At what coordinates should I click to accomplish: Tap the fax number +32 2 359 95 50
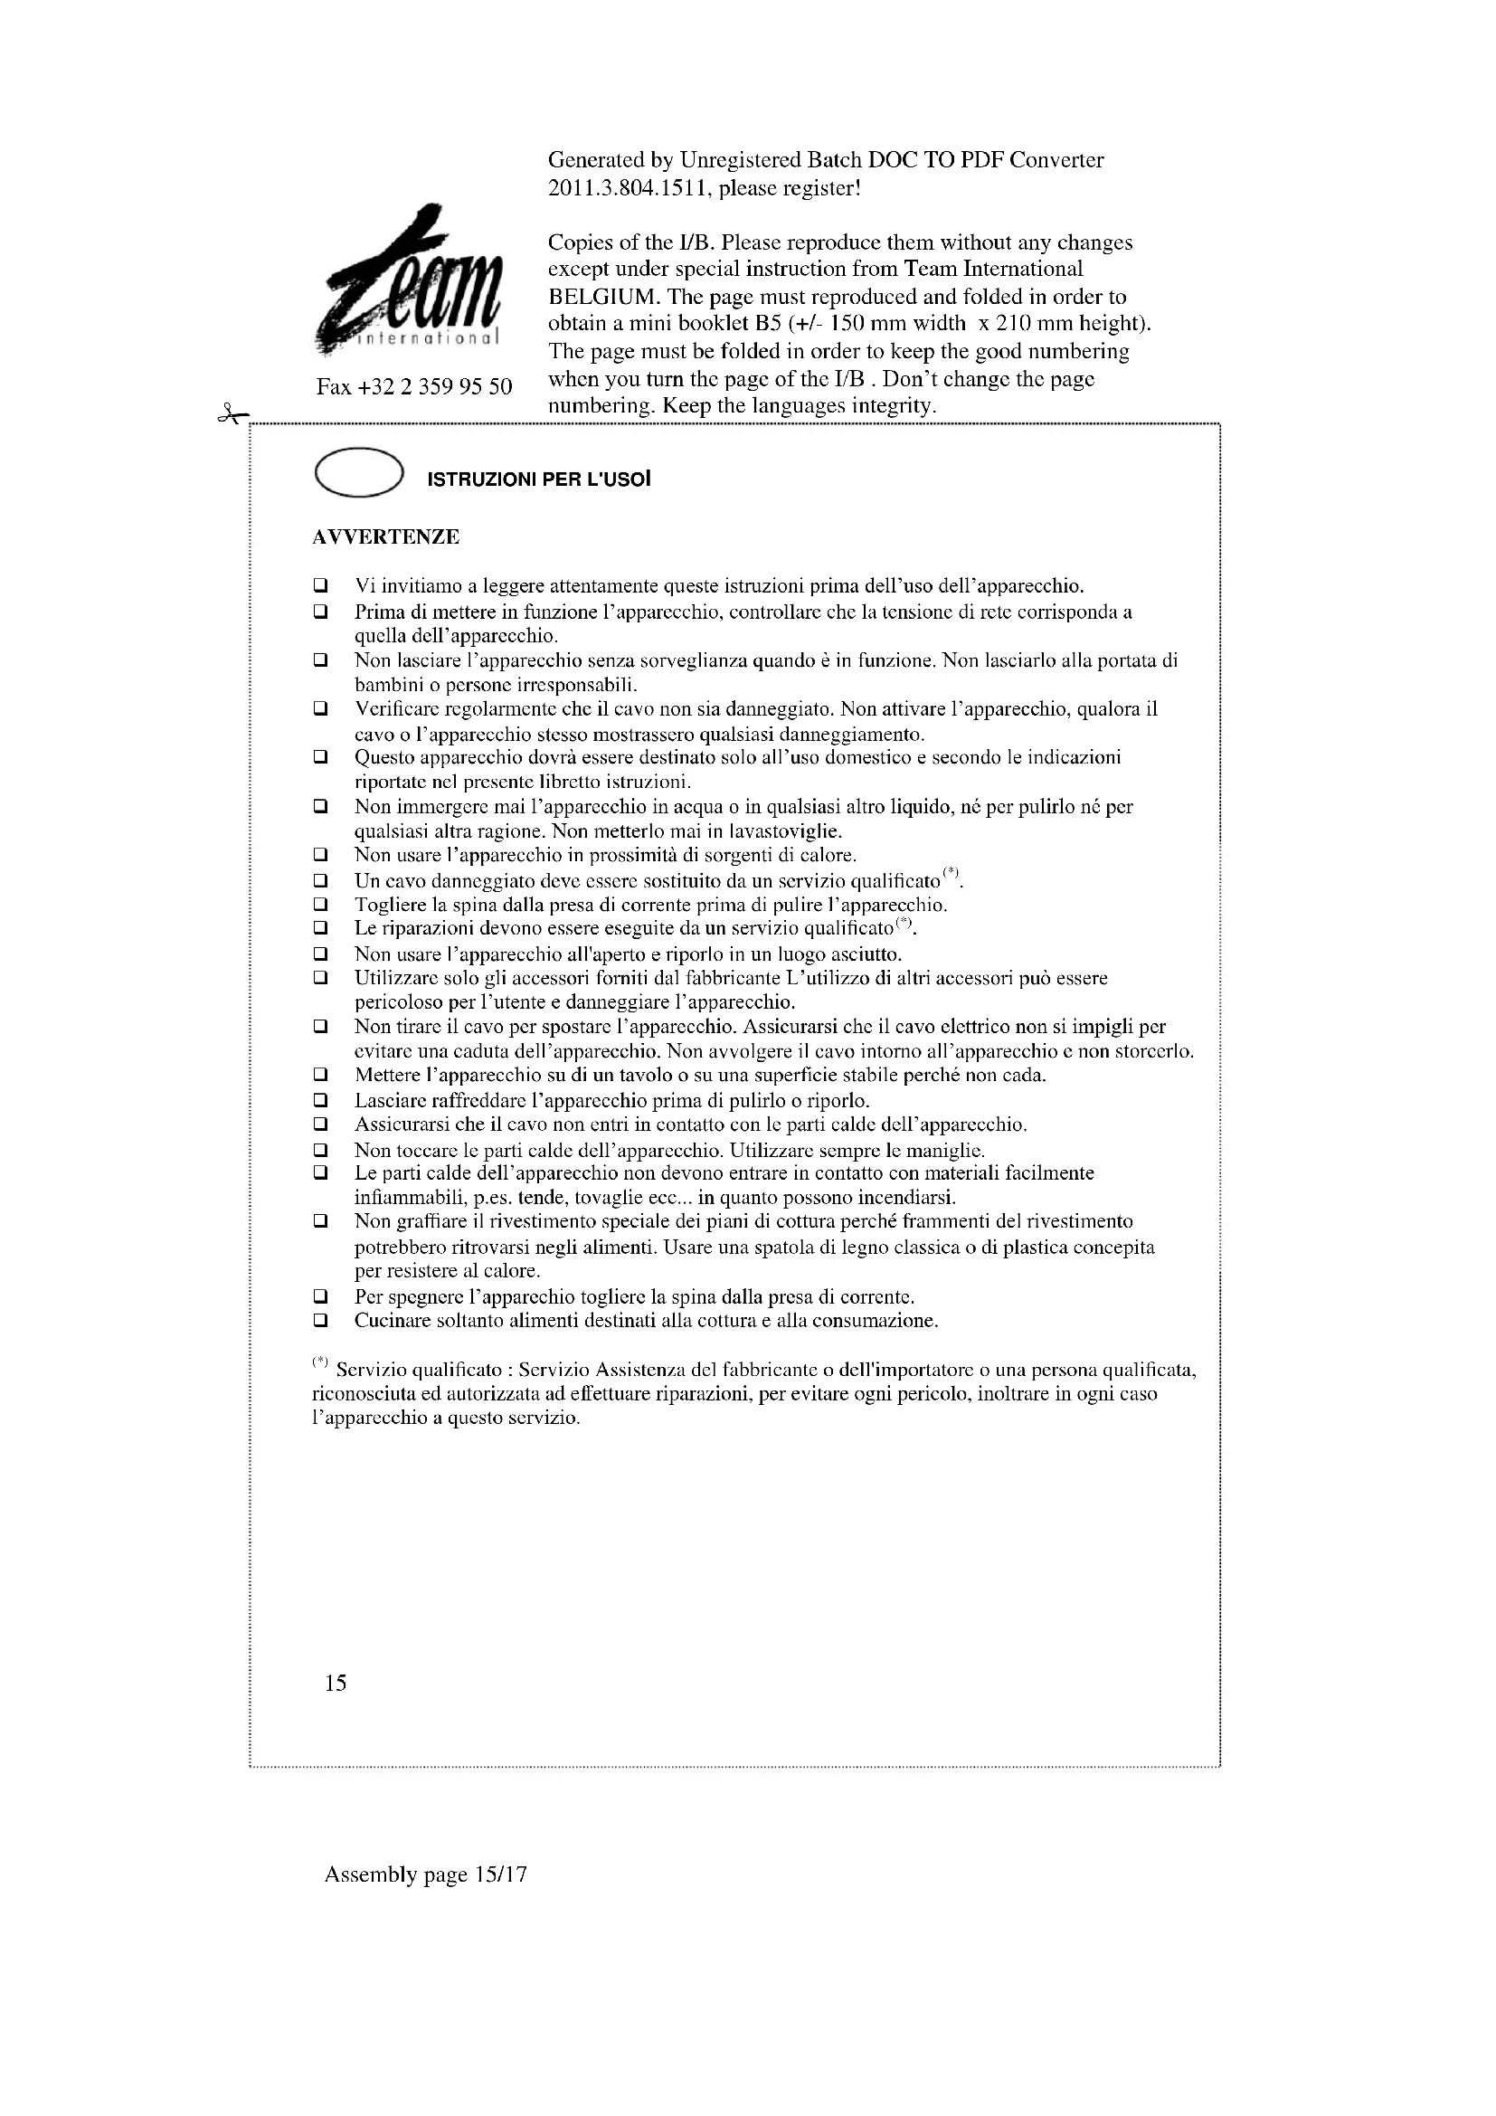[413, 387]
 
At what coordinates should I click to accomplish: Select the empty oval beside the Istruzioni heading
[358, 473]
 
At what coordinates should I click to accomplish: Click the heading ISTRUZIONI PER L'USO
[539, 480]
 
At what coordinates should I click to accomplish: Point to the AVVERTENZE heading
[386, 537]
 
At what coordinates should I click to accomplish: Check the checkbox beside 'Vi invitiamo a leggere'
[320, 586]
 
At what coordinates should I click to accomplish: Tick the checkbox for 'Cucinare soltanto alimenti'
[320, 1321]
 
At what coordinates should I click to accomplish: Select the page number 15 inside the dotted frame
[336, 1684]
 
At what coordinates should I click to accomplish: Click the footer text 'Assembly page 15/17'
[426, 1874]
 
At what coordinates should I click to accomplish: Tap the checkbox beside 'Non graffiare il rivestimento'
[320, 1222]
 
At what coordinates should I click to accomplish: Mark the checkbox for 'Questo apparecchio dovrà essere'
[320, 757]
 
